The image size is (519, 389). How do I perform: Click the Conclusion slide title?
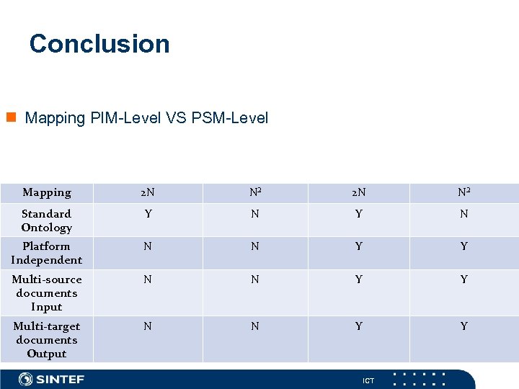[99, 44]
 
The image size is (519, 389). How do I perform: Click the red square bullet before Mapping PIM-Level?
[11, 117]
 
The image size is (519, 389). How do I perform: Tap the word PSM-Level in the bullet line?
[230, 117]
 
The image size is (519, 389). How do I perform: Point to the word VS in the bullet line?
[176, 117]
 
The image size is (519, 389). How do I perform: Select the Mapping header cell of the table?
[47, 192]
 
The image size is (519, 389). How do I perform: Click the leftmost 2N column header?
[148, 192]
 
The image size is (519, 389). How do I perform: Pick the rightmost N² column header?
[463, 192]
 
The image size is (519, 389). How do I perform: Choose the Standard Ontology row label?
[47, 220]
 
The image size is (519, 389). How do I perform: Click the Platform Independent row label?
[47, 253]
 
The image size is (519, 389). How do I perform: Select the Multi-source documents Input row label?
[47, 292]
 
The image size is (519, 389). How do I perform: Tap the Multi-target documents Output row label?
[47, 339]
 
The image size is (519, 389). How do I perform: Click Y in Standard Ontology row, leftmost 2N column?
[148, 214]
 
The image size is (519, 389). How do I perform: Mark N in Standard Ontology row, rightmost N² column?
[463, 214]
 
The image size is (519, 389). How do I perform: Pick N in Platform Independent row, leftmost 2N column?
[148, 246]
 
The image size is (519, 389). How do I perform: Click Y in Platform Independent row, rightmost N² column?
[463, 246]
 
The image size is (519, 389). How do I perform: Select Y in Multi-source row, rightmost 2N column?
[358, 280]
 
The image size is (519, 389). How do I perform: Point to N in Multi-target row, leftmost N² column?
[255, 326]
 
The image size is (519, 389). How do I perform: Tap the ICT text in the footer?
[368, 380]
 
